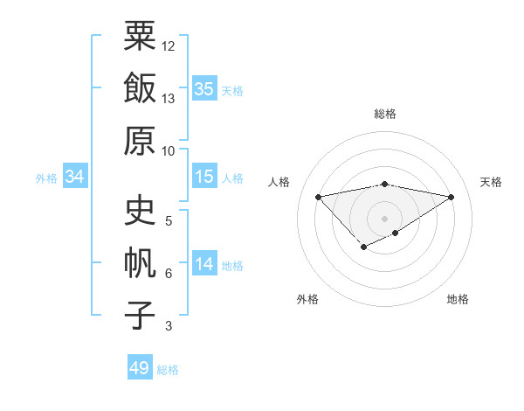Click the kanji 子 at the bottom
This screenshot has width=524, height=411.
pyautogui.click(x=141, y=316)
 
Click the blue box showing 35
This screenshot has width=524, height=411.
pyautogui.click(x=204, y=88)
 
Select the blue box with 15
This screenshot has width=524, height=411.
pyautogui.click(x=204, y=178)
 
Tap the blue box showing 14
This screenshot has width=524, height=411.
pyautogui.click(x=204, y=265)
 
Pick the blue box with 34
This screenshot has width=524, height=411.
pyautogui.click(x=75, y=178)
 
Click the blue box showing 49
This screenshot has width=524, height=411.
pyautogui.click(x=140, y=368)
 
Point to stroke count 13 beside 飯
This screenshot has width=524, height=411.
pyautogui.click(x=169, y=99)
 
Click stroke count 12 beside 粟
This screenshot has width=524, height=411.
pyautogui.click(x=169, y=45)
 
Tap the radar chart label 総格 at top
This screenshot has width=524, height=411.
pyautogui.click(x=385, y=114)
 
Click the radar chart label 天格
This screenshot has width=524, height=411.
pyautogui.click(x=492, y=182)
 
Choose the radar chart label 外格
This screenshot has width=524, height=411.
pyautogui.click(x=307, y=299)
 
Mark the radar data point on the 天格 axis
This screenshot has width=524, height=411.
pyautogui.click(x=452, y=197)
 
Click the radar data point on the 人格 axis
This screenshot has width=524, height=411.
pyautogui.click(x=319, y=196)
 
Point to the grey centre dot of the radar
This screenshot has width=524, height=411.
pyautogui.click(x=385, y=218)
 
